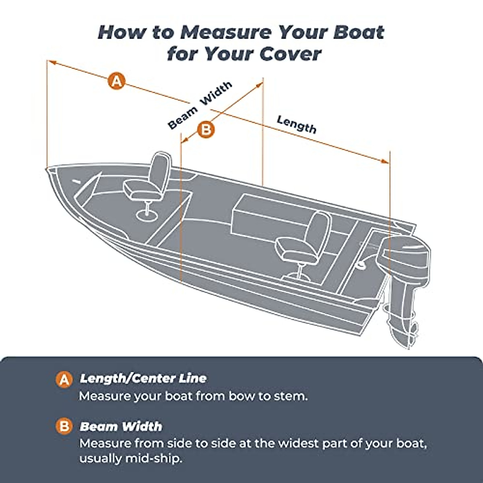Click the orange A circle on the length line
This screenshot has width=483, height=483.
[116, 81]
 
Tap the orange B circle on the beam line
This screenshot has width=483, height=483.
[206, 130]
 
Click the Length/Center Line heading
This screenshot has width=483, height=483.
[143, 378]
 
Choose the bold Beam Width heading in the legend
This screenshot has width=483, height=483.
[121, 426]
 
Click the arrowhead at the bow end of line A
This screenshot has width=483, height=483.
[51, 62]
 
